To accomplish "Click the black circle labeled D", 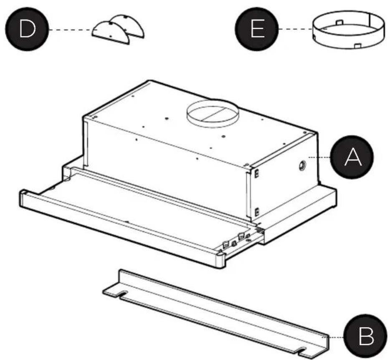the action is (x=27, y=29).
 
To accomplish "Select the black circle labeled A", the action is (x=352, y=157).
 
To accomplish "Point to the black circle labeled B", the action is (x=366, y=336).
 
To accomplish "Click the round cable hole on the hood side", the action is (x=302, y=165).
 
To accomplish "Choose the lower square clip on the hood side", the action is (x=257, y=212).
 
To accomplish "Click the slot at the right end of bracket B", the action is (x=304, y=350).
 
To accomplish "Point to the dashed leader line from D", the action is (x=71, y=30).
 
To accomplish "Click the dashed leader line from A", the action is (x=319, y=157).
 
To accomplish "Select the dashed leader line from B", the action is (x=333, y=337).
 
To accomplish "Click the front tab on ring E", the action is (x=357, y=46).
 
